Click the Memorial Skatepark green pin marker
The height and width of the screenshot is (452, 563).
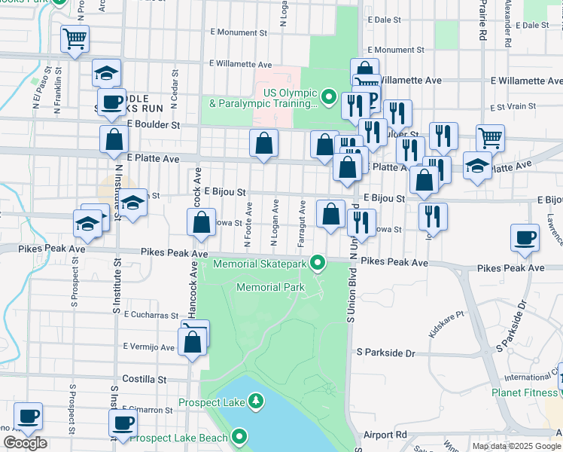point(318,263)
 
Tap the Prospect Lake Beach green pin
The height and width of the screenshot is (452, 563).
point(240,436)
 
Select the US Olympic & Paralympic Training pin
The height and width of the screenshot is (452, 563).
point(328,96)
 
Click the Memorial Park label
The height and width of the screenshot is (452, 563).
point(270,287)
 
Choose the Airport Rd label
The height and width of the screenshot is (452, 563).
point(384,435)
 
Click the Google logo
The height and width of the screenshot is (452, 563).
point(25,443)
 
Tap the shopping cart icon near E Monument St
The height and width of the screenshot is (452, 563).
point(75,38)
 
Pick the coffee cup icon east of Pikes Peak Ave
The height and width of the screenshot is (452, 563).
point(525,238)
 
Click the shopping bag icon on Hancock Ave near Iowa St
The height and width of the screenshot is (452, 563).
point(201,222)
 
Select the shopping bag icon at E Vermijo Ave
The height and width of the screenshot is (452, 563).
point(193,343)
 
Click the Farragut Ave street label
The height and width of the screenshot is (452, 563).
point(302,224)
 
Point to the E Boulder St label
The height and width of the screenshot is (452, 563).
point(154,124)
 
